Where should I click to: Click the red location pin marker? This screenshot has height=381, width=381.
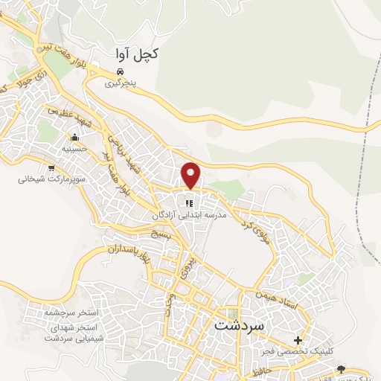[191, 175]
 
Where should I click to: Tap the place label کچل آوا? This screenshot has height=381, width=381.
[138, 54]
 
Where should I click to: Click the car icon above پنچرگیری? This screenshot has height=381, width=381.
[121, 72]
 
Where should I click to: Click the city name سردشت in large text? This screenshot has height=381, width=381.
[240, 325]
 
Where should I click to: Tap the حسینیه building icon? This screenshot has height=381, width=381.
[74, 138]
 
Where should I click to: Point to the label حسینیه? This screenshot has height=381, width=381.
[74, 149]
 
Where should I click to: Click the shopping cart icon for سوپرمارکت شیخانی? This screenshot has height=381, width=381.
[51, 168]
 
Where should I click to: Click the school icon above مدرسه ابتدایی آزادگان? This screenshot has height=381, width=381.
[189, 203]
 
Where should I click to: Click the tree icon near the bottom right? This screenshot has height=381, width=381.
[342, 369]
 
